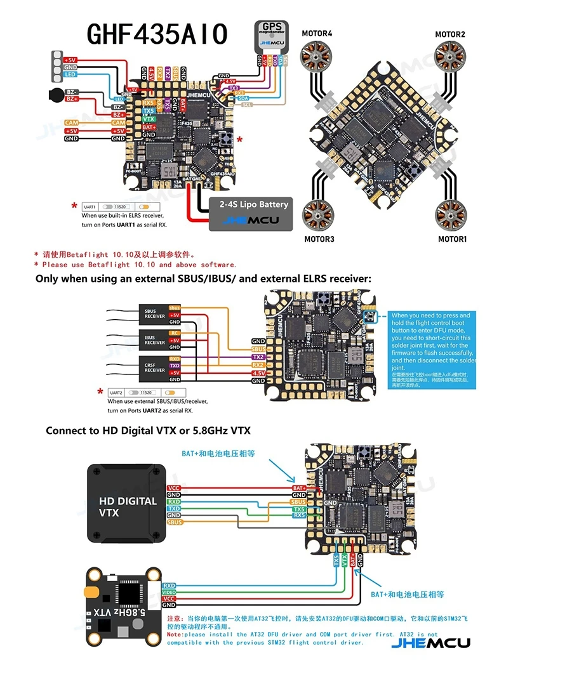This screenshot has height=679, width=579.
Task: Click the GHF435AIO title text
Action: coord(157,35)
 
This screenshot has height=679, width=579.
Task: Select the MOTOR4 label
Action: coord(317,34)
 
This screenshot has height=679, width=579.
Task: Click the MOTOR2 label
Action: coord(450,34)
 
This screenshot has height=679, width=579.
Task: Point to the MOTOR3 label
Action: coord(319,239)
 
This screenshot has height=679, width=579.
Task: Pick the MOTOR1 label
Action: coord(452,239)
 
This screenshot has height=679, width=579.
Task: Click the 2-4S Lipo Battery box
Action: coord(251,213)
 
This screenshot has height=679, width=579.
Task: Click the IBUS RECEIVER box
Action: coord(154,340)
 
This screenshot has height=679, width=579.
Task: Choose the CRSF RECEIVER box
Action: coord(154,367)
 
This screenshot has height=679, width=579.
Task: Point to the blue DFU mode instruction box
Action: coord(432,349)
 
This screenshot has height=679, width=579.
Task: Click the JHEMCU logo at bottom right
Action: coord(430,643)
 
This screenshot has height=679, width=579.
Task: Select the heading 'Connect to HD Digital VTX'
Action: coord(148,430)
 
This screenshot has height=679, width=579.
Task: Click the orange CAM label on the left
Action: coord(71,122)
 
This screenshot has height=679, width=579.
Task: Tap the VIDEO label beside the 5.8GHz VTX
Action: coord(169,593)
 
